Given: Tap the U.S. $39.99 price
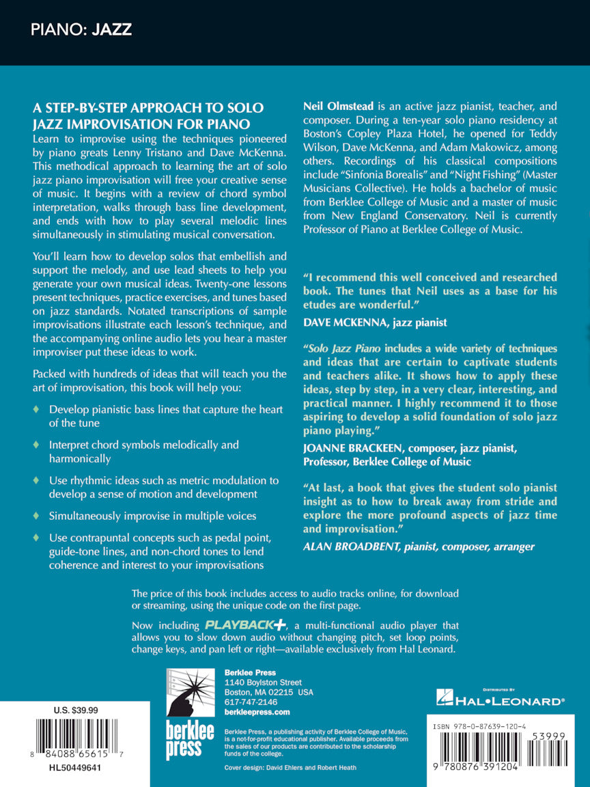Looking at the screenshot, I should coord(76,710).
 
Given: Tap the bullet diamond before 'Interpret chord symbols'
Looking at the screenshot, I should coord(37,445).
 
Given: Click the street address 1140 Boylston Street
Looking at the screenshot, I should coord(264,682).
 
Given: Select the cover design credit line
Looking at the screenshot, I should coord(290,767).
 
